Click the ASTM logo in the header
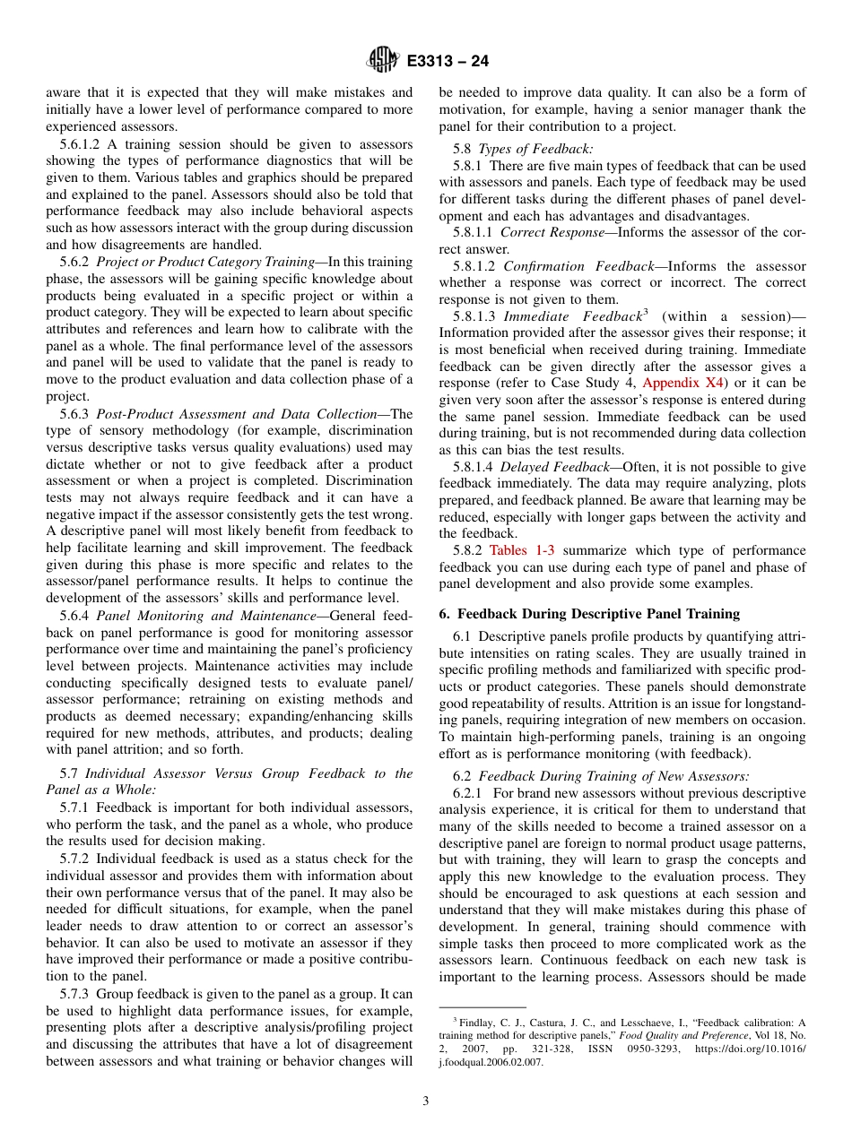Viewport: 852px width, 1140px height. point(382,61)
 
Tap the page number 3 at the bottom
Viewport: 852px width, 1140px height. point(426,1101)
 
